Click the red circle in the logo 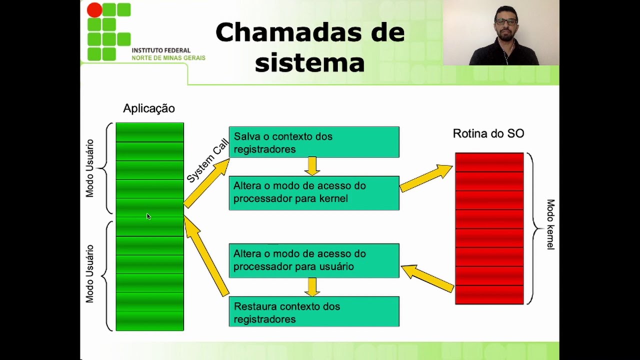click(94, 9)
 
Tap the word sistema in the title click(309, 62)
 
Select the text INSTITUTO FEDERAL click(161, 50)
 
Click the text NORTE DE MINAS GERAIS click(168, 58)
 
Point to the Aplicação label click(149, 108)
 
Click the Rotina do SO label click(488, 133)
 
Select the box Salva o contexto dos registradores click(314, 142)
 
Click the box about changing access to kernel click(314, 193)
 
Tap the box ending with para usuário click(314, 260)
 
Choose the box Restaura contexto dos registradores click(314, 311)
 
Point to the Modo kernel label click(550, 224)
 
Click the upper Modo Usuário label click(89, 168)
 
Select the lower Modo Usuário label click(89, 273)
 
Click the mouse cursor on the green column click(148, 216)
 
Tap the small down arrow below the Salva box click(312, 166)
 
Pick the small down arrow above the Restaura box click(312, 287)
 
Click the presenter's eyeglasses click(506, 21)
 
